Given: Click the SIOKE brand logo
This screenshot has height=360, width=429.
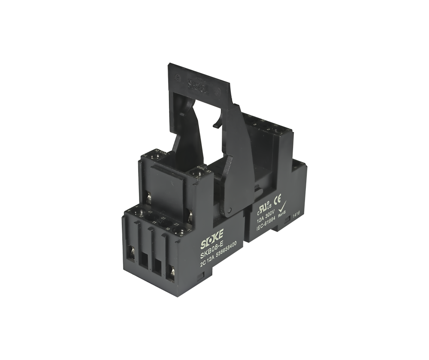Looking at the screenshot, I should click(x=212, y=244).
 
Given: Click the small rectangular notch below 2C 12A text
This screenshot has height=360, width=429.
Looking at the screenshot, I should click(x=200, y=278).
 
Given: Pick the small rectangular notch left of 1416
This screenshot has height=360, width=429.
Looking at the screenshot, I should click(x=286, y=219).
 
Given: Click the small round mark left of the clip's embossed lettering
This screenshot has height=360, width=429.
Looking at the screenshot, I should click(x=177, y=78).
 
